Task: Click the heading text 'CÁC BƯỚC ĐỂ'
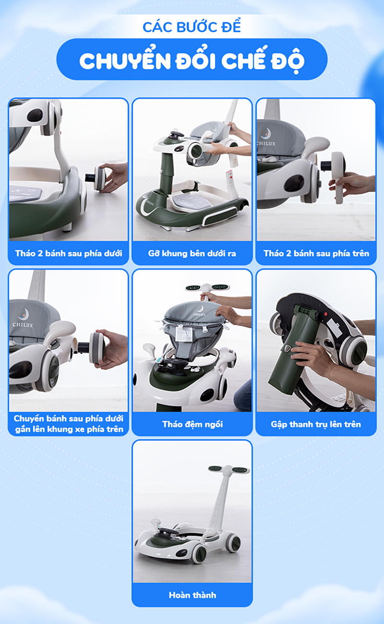pos(192,26)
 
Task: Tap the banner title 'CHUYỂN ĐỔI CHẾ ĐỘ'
pos(192,61)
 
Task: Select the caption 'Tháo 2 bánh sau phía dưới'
pos(68,253)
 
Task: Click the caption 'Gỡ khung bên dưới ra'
pos(192,253)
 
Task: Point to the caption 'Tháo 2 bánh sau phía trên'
pos(316,253)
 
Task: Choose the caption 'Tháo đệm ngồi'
pos(192,424)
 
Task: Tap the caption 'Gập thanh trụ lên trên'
pos(316,424)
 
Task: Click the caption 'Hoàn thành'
pos(192,595)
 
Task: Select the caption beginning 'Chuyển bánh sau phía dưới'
pos(68,424)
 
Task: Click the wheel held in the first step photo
pos(99,179)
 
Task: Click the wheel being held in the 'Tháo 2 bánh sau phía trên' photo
pos(337,173)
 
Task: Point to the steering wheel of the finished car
pos(167,532)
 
